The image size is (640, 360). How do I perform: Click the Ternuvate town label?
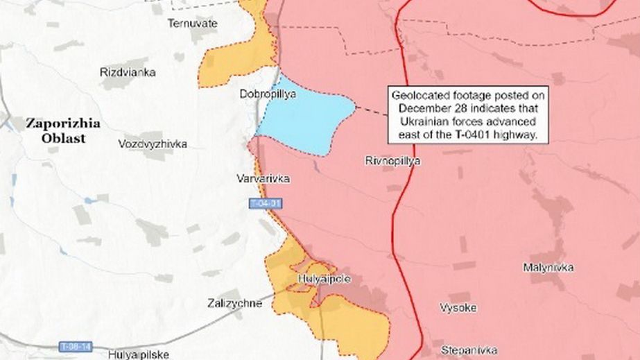pos(193,24)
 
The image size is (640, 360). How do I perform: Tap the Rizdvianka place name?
pos(128,72)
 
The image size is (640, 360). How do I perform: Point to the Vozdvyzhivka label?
pos(153,144)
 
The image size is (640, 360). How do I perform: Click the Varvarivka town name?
pos(264,179)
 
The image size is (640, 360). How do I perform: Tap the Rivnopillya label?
pos(392,161)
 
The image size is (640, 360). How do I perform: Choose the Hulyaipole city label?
pos(324,279)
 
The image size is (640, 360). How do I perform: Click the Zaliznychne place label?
pos(235,303)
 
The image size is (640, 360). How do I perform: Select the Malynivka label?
pos(548,267)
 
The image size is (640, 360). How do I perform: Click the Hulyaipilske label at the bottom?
pos(138,354)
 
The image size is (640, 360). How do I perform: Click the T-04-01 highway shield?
pos(266,203)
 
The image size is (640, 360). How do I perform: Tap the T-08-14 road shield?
pos(75,345)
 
